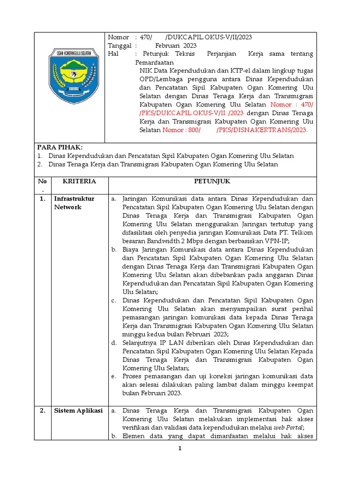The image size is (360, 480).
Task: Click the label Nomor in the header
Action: click(x=118, y=37)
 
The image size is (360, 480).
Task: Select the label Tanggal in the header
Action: click(x=121, y=45)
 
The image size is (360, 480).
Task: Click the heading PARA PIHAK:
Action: click(x=60, y=147)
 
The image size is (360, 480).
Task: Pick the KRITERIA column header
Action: click(x=80, y=181)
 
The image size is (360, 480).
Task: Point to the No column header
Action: click(x=42, y=181)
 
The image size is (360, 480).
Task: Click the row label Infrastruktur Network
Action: click(x=74, y=203)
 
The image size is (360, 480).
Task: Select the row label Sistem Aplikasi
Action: click(x=78, y=411)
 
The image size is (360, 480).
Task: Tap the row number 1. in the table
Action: click(x=42, y=199)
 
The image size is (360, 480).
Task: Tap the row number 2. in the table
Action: click(x=42, y=411)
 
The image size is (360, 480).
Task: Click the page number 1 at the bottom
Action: click(x=179, y=449)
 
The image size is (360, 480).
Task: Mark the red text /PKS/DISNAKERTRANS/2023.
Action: click(x=262, y=130)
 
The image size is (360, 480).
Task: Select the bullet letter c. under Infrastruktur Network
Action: click(x=114, y=300)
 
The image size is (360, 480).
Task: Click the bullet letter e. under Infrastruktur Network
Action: click(x=114, y=376)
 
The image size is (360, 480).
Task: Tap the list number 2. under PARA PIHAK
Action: click(x=41, y=164)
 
